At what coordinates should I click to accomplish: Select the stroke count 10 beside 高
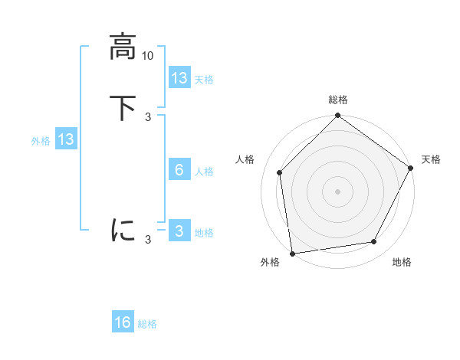pos(148,56)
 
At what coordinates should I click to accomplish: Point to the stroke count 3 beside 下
pos(148,117)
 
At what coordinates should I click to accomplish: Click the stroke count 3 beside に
pos(148,240)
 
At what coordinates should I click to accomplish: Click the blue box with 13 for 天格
pos(179,78)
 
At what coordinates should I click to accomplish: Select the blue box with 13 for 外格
pos(65,140)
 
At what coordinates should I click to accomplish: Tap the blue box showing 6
pos(179,170)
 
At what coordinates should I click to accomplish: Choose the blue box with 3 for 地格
pos(179,231)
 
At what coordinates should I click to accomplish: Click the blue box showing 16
pos(123,322)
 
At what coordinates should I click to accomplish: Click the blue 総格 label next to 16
pos(147,324)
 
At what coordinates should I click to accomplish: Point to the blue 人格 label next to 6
pos(205,172)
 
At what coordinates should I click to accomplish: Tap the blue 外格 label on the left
pos(41,141)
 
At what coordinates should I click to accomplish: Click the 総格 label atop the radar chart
pos(337,100)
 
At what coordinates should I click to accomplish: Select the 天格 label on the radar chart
pos(431,159)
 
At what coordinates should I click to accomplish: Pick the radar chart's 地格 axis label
pos(402,262)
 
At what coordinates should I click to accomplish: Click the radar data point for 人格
pos(280,172)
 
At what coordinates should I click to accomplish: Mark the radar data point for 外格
pos(292,253)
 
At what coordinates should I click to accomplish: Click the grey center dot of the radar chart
pos(337,191)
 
